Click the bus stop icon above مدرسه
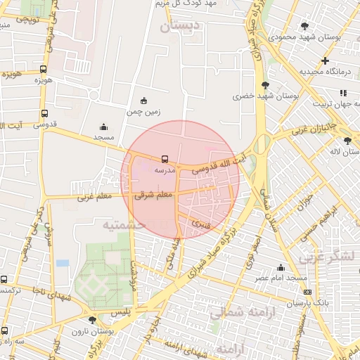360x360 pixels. [165, 159]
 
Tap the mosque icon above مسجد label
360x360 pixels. [104, 127]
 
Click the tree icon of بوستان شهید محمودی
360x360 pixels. [304, 26]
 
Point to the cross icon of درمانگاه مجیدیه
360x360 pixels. [325, 60]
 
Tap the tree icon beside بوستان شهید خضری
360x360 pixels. [264, 84]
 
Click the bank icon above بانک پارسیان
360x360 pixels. [307, 291]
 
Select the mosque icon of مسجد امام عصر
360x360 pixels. [281, 267]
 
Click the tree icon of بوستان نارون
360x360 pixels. [92, 320]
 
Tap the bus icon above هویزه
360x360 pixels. [44, 70]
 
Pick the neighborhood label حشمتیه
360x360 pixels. [124, 224]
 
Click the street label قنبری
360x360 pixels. [201, 225]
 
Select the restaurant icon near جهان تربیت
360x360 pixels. [343, 93]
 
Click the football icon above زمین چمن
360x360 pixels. [143, 100]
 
